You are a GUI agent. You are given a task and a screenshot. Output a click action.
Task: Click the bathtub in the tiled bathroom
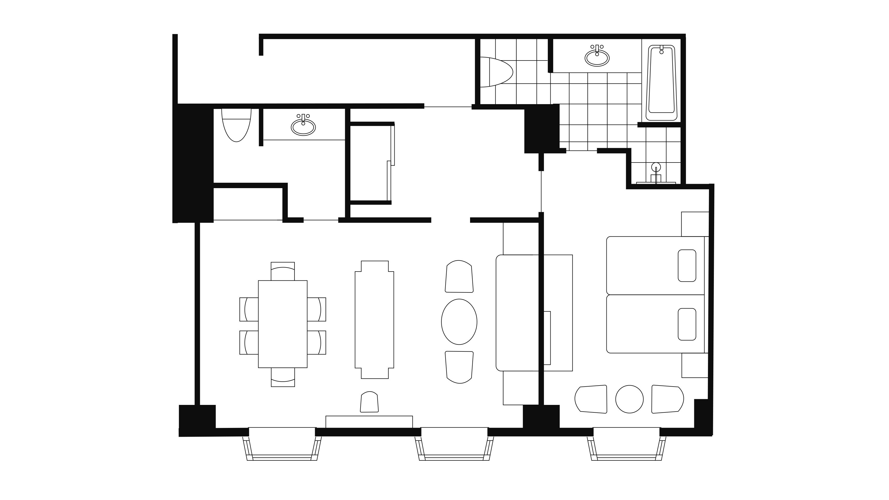tap(661, 83)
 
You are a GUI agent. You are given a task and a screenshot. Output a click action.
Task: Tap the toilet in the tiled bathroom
tap(496, 72)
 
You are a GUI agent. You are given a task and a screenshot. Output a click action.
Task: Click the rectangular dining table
tap(283, 324)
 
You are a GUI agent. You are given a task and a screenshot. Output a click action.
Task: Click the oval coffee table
tap(459, 322)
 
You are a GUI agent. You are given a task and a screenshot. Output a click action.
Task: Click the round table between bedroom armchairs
tap(629, 399)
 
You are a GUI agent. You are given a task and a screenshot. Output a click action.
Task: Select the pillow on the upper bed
tap(687, 266)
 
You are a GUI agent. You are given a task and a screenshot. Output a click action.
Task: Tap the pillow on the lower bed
tap(687, 324)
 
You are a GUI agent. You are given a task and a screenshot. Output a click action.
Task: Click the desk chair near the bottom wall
tap(369, 402)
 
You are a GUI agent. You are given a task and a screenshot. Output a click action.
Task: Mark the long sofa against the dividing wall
tap(517, 313)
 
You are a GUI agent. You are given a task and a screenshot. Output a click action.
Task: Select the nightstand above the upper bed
tap(695, 224)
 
